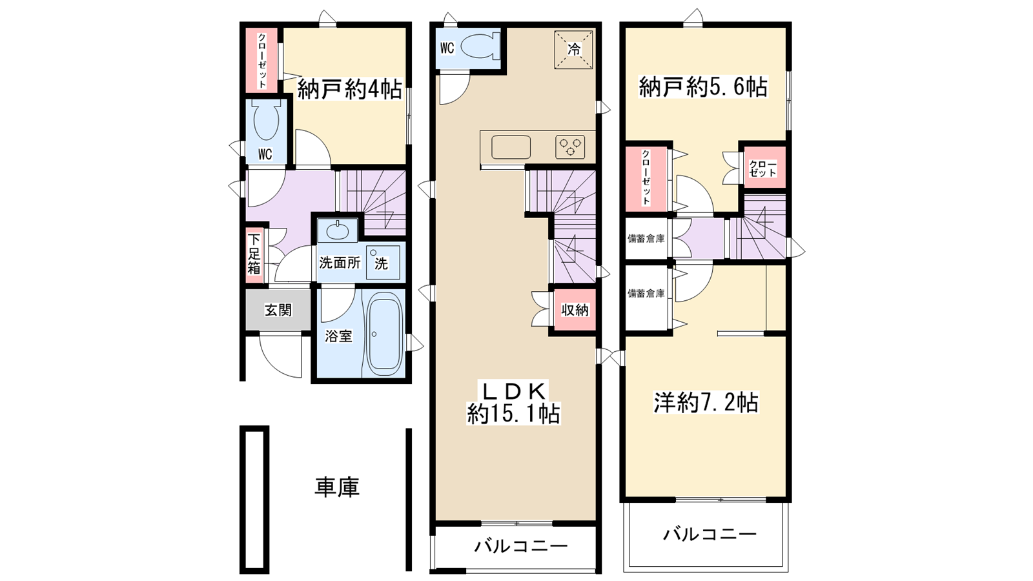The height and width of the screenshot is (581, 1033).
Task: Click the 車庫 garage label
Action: [x=336, y=487]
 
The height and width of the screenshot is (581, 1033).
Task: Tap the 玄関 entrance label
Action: [x=278, y=311]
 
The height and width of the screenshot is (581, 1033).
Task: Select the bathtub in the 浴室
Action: [x=384, y=334]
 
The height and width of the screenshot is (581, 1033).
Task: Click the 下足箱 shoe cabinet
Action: [x=254, y=254]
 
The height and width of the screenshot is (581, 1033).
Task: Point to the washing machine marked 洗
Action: [x=382, y=262]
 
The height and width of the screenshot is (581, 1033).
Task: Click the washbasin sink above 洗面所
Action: [x=337, y=230]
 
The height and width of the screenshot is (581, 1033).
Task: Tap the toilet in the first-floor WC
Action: [x=266, y=121]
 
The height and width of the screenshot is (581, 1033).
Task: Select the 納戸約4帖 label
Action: [x=349, y=90]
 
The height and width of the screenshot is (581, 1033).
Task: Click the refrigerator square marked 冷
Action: [x=573, y=49]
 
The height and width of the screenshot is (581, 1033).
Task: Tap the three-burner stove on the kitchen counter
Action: [x=570, y=147]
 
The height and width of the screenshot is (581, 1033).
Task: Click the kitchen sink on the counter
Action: [x=511, y=147]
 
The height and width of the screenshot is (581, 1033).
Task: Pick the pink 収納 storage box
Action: [x=574, y=310]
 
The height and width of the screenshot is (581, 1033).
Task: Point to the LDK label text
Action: [x=513, y=391]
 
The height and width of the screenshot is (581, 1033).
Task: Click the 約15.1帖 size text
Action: [x=513, y=414]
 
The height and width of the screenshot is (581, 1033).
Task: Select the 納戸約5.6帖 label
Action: [x=703, y=87]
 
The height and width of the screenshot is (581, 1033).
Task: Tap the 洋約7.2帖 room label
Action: [x=706, y=403]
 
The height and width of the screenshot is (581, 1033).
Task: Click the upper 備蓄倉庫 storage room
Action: [x=646, y=239]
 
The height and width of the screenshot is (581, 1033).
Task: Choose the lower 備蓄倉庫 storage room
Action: [x=646, y=294]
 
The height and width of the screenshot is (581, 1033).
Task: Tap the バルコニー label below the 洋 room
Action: [x=710, y=535]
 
